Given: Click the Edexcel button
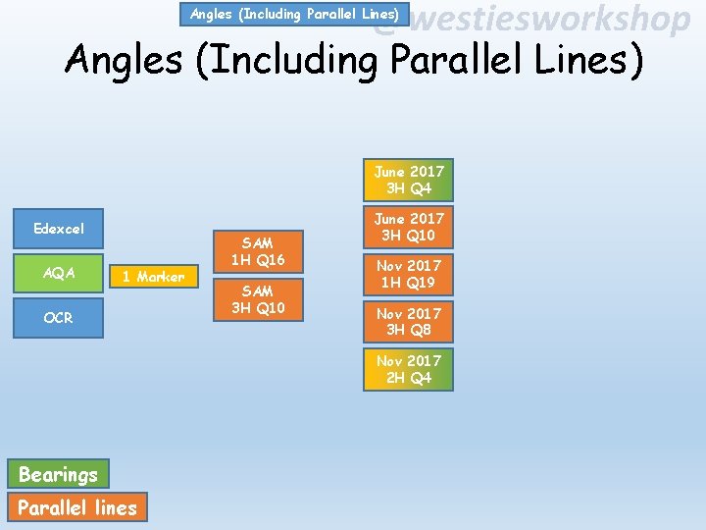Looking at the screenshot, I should (x=59, y=229).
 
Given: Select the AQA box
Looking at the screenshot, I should (x=59, y=273).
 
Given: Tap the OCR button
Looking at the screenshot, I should (x=59, y=318).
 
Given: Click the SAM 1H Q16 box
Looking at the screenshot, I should (x=257, y=250).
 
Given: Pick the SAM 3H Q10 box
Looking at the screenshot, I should (x=257, y=299).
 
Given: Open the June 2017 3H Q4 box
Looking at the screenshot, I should (x=408, y=180).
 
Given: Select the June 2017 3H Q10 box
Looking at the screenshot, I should (x=408, y=227).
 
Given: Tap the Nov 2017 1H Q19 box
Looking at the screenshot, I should (x=408, y=274).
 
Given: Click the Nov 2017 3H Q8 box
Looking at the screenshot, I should (x=408, y=321).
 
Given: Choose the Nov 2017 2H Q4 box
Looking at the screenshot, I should (x=408, y=369).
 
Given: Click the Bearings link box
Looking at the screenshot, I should (x=59, y=475).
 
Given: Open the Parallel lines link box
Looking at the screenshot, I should (x=77, y=507).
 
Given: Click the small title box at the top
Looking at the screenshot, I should (x=294, y=14).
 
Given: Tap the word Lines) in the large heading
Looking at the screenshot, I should (x=592, y=60).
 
